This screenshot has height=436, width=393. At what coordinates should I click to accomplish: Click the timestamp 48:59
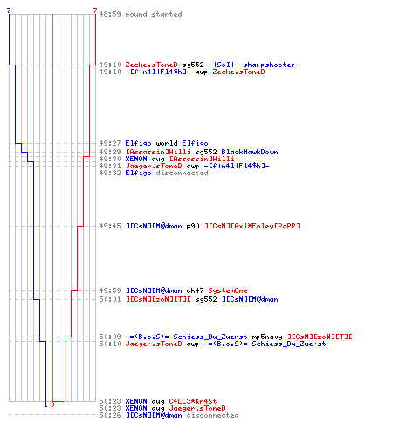pyautogui.click(x=110, y=14)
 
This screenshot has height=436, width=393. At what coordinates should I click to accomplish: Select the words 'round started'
pyautogui.click(x=154, y=14)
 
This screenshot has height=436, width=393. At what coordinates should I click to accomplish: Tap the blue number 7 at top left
pyautogui.click(x=9, y=10)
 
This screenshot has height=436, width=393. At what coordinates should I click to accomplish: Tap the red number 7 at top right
pyautogui.click(x=95, y=10)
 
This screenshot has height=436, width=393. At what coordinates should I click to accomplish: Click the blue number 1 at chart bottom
pyautogui.click(x=45, y=405)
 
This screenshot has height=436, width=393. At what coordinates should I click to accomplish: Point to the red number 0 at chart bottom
pyautogui.click(x=52, y=405)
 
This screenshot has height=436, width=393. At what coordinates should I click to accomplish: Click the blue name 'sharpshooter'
pyautogui.click(x=269, y=65)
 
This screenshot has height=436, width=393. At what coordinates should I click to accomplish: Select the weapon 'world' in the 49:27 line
pyautogui.click(x=167, y=143)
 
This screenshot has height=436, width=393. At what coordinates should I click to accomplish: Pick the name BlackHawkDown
pyautogui.click(x=250, y=152)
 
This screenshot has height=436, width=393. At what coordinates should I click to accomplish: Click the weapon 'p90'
pyautogui.click(x=193, y=226)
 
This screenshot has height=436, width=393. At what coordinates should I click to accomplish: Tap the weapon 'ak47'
pyautogui.click(x=195, y=290)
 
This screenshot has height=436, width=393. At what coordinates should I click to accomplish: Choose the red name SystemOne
pyautogui.click(x=228, y=290)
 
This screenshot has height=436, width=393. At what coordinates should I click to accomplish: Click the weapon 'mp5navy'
pyautogui.click(x=267, y=337)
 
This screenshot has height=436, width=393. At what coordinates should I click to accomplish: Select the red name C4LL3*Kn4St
pyautogui.click(x=193, y=401)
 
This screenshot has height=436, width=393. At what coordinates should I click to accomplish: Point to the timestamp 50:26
pyautogui.click(x=110, y=415)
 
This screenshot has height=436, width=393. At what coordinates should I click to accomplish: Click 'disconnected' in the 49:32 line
pyautogui.click(x=182, y=173)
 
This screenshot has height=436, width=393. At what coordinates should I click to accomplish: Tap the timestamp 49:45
pyautogui.click(x=110, y=226)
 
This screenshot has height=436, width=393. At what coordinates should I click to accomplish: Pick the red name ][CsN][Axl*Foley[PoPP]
pyautogui.click(x=252, y=226)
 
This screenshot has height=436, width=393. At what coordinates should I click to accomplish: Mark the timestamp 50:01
pyautogui.click(x=110, y=299)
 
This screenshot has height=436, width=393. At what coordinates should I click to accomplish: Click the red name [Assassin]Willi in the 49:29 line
pyautogui.click(x=158, y=152)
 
